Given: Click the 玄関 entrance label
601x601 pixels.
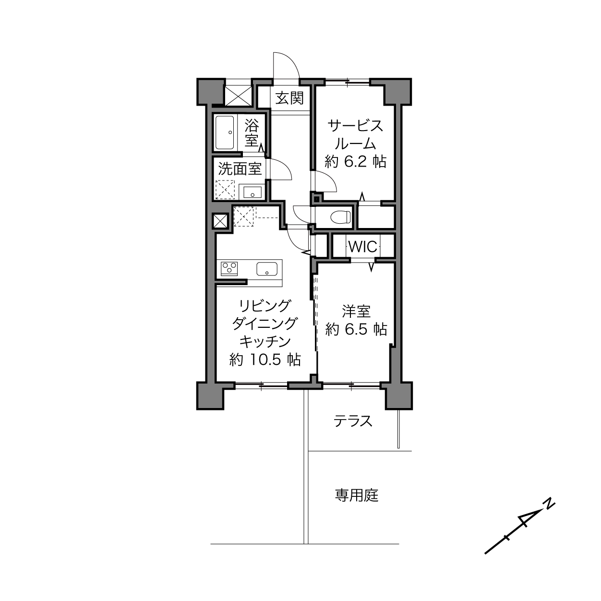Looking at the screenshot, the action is (289, 98).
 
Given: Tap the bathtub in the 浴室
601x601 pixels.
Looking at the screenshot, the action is (225, 133).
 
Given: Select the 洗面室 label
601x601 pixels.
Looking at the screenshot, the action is (240, 168).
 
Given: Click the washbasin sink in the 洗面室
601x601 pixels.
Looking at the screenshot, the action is (252, 192).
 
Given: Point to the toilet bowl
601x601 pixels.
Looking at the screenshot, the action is (340, 217).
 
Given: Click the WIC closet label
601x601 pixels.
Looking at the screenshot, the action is (363, 247).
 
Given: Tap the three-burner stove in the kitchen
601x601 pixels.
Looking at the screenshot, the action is (229, 268).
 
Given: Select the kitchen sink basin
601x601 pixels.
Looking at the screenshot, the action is (267, 268).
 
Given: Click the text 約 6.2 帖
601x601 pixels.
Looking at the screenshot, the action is (356, 162).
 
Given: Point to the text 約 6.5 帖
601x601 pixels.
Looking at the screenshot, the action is (356, 329).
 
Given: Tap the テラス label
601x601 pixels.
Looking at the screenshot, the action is (353, 421).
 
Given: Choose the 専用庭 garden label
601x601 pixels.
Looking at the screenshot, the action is (357, 495).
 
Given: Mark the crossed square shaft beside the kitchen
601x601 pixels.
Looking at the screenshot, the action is (220, 221).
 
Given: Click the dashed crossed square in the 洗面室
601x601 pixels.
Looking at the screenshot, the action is (225, 189).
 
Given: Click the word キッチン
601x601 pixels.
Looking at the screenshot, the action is (265, 342).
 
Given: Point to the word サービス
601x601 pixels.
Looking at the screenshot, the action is (355, 126).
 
